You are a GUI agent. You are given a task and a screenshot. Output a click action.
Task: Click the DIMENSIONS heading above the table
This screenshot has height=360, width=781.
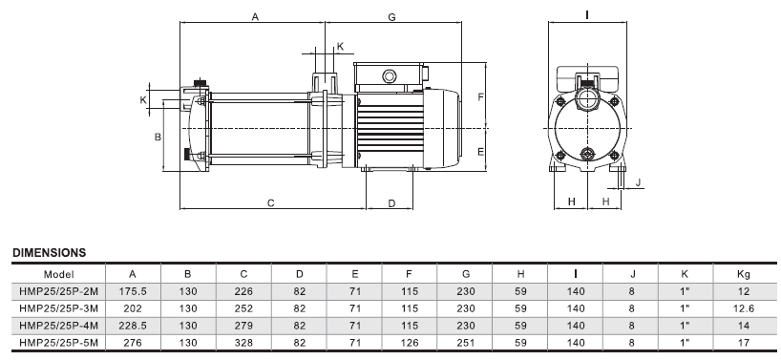50,253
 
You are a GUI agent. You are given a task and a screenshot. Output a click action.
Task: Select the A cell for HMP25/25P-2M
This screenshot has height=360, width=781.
133,291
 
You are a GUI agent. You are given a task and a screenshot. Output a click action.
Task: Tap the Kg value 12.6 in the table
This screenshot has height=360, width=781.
744,308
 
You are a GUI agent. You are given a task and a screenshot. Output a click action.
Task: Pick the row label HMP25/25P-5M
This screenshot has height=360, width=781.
59,343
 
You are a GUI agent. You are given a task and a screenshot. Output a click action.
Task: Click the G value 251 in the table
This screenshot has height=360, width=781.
466,343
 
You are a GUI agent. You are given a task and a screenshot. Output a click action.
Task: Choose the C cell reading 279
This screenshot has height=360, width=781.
243,326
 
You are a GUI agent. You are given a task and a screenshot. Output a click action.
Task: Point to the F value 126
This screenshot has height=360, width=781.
410,343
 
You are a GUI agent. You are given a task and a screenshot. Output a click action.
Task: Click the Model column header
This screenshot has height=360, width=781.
59,274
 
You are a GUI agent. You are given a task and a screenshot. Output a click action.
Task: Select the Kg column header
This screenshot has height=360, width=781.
744,274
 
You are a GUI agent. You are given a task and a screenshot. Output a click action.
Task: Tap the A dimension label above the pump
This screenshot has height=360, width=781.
255,17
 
